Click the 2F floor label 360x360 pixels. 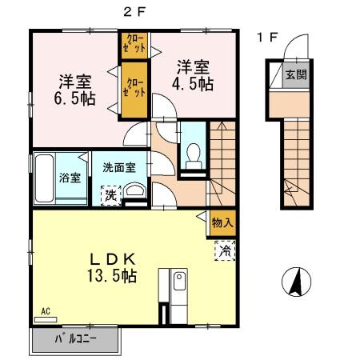134,10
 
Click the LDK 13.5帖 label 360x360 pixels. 112,266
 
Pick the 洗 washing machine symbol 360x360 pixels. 108,194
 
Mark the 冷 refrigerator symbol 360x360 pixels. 225,251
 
